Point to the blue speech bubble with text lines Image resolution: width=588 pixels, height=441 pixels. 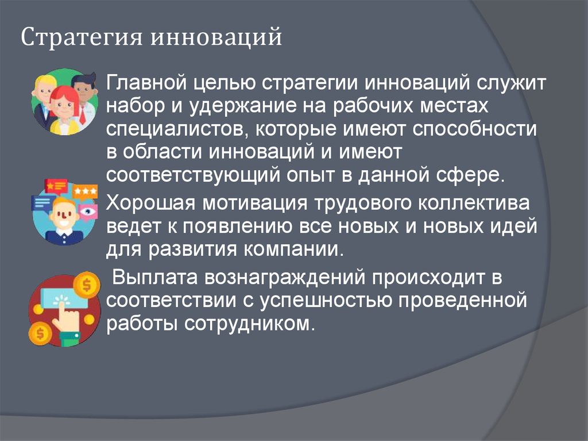[x=42, y=203]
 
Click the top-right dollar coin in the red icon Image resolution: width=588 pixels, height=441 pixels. [x=87, y=284]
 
